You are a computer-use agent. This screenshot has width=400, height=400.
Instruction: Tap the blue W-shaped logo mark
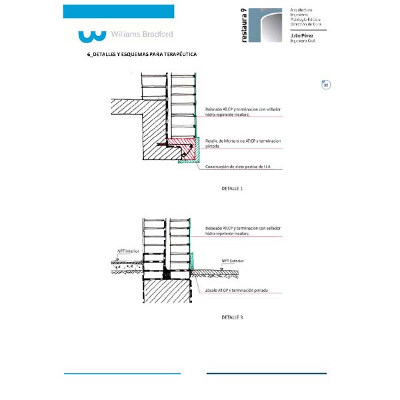click(92, 34)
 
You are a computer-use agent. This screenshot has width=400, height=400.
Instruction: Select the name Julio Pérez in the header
click(302, 35)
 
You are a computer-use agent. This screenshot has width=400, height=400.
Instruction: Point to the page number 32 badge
click(326, 85)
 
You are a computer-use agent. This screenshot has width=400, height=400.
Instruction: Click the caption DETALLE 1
click(232, 189)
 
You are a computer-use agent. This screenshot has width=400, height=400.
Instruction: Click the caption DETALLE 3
click(232, 317)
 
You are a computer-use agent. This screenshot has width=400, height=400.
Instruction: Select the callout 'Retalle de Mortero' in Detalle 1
click(243, 143)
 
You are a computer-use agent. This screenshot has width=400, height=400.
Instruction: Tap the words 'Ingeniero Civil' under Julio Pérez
click(303, 41)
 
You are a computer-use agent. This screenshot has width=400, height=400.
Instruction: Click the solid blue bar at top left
click(118, 11)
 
